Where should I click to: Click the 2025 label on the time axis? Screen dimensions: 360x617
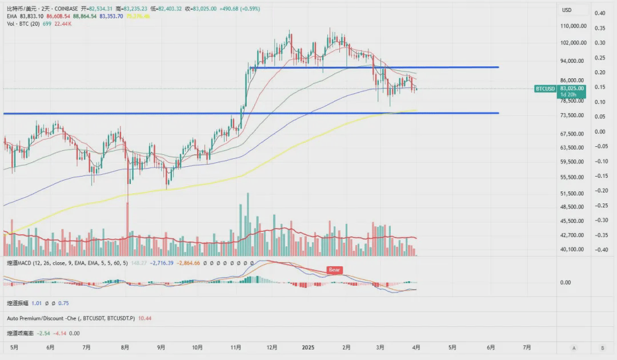point(308,347)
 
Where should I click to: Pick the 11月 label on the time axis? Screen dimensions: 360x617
point(234,347)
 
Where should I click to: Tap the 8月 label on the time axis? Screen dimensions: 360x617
point(125,347)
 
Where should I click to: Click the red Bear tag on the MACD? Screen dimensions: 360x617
point(334,270)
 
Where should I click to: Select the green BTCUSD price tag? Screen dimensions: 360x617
point(545,89)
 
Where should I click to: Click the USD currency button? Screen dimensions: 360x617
point(567,10)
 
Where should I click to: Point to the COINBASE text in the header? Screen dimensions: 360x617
point(67,9)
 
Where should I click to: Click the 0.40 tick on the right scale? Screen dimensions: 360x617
point(600,13)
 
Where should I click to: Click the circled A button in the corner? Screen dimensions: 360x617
point(574,348)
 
